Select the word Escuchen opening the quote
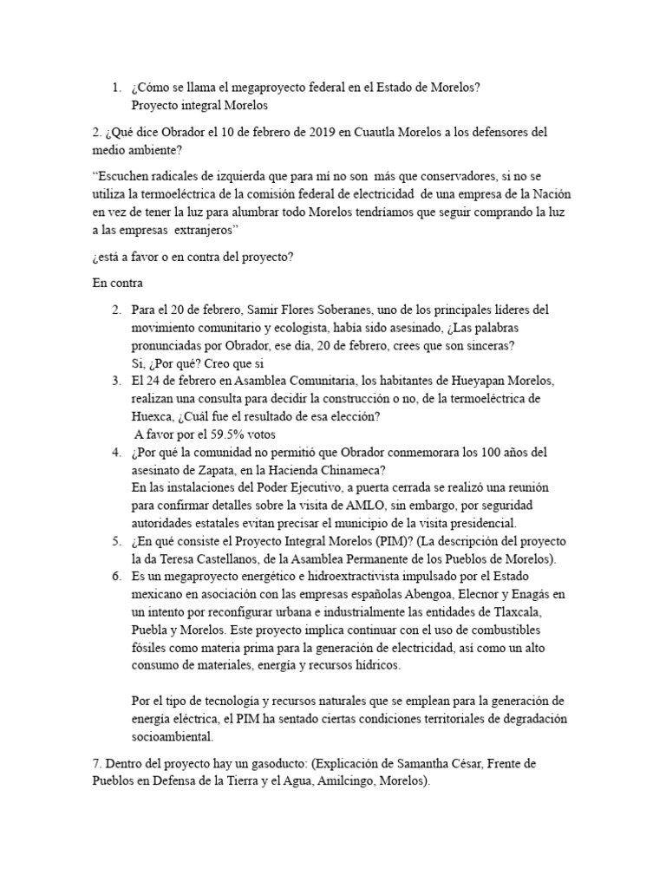(x=125, y=173)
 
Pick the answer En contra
(x=120, y=283)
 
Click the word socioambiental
(x=173, y=737)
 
